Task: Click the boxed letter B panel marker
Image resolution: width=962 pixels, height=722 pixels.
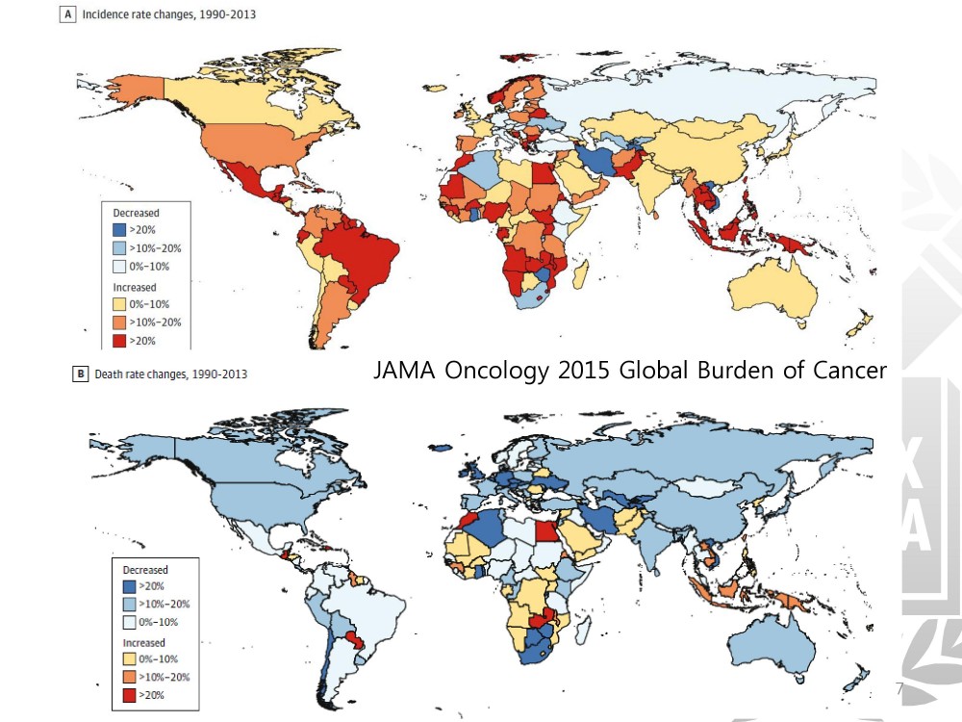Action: (x=80, y=374)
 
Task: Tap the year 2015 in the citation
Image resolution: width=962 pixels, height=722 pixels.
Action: (x=588, y=371)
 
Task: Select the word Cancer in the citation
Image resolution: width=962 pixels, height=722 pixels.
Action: (x=843, y=371)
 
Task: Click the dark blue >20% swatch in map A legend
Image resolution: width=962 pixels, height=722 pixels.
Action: (x=120, y=230)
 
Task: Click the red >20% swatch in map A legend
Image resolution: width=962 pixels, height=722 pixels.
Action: (x=120, y=340)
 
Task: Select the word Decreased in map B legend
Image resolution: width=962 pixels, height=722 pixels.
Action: (x=144, y=570)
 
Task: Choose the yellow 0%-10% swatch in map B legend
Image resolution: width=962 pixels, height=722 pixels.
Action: (x=129, y=659)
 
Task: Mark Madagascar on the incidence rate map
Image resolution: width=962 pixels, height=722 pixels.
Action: (x=580, y=276)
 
